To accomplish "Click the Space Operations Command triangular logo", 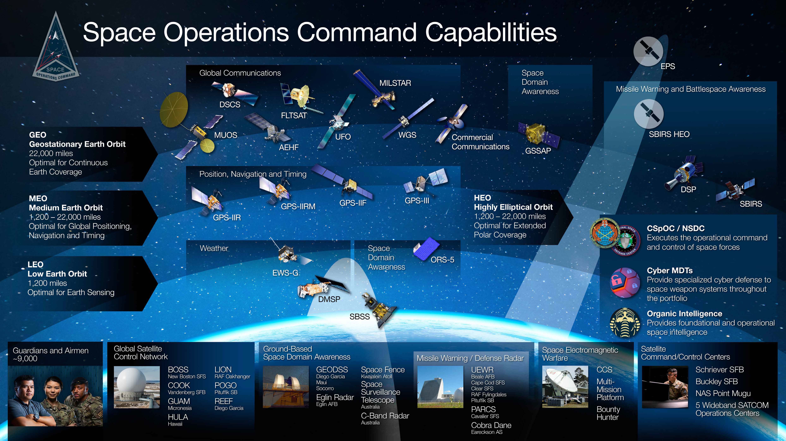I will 56,49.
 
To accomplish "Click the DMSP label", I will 329,299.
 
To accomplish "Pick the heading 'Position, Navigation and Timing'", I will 253,174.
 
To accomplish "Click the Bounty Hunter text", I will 608,413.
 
